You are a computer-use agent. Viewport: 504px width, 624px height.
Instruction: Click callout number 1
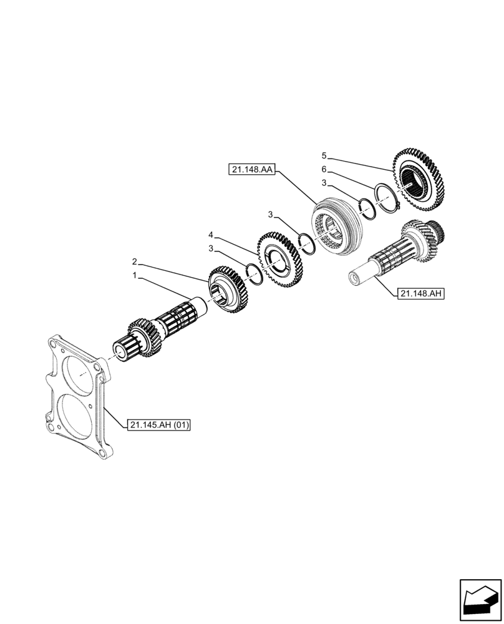134,275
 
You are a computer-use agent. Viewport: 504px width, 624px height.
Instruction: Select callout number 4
211,235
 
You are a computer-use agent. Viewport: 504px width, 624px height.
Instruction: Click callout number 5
324,155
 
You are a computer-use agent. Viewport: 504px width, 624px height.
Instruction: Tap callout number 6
324,169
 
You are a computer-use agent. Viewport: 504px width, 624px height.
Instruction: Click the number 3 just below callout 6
324,183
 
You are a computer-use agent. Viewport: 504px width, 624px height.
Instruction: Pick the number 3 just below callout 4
211,248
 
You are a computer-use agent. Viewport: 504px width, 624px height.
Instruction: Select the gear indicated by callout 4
281,257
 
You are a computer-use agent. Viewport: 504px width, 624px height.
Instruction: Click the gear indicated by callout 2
229,289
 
